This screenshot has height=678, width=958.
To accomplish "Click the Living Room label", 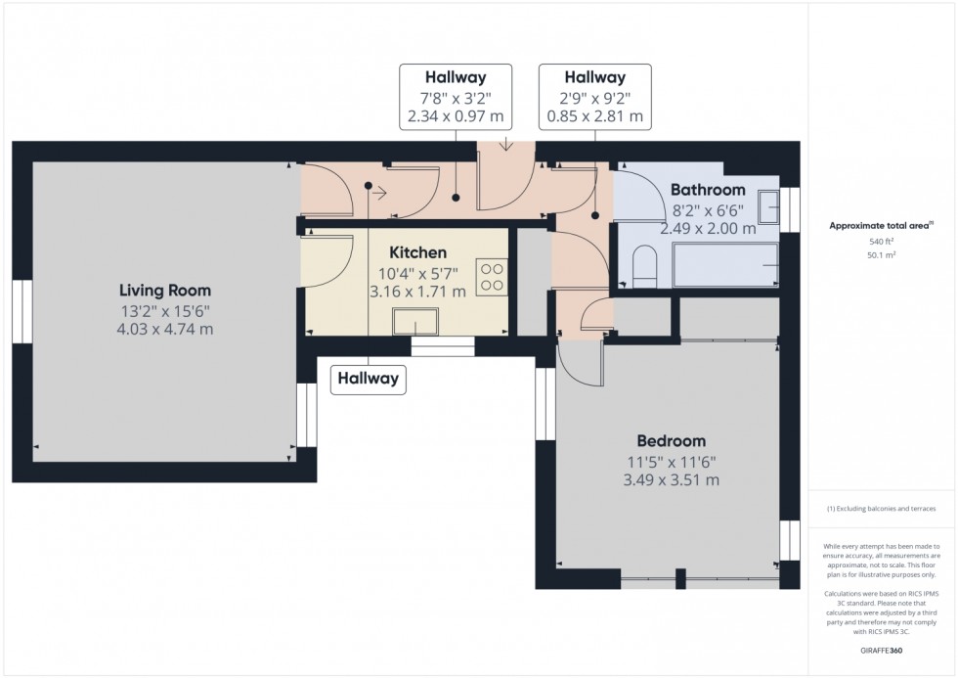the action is point(165,291).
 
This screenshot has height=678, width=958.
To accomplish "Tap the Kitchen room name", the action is point(418,252).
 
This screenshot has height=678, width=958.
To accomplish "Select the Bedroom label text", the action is point(671,441).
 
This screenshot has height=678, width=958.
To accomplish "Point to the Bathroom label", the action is point(708,190).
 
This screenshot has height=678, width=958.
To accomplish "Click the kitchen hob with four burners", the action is point(492,278).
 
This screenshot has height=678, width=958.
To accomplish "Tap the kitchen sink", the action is point(415,322).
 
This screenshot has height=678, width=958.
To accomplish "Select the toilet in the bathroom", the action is point(643,266).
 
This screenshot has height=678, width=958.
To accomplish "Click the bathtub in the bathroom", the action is point(725,265).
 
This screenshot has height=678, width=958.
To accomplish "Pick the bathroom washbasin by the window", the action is point(768,207).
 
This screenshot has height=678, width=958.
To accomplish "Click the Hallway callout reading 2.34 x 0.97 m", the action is point(456,97).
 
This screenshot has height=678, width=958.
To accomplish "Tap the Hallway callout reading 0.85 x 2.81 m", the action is point(595,97).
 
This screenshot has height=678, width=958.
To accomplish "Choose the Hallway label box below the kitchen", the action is point(368,379).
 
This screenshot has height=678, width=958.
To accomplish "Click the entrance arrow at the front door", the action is point(505,145).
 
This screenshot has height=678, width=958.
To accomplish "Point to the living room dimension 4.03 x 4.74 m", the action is point(165,329).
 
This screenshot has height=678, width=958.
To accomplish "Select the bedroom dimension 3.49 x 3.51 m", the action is point(671,480).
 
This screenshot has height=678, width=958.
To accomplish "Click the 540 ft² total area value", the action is point(881,242).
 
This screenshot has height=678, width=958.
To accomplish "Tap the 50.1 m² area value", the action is point(881,255).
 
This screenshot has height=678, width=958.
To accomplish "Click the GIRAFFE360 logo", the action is point(881,651).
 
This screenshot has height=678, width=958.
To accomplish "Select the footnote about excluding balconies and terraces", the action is point(881,509).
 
